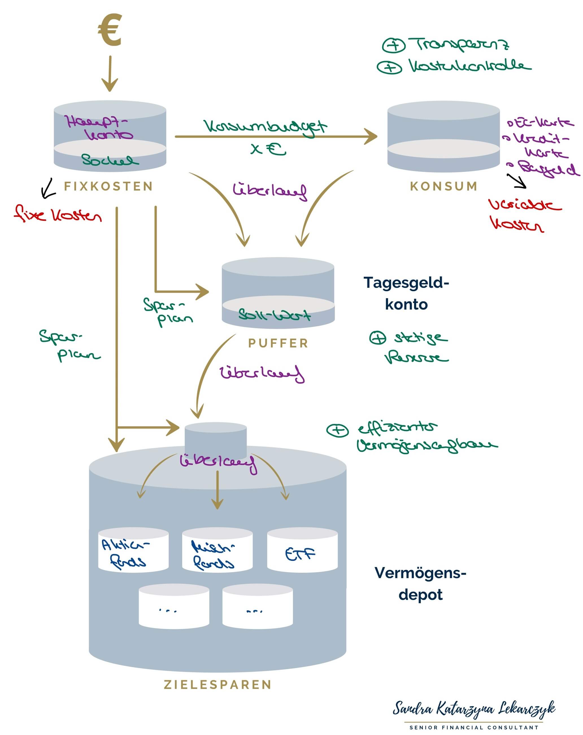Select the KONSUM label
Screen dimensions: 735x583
tap(444, 187)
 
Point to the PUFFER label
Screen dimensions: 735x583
tap(278, 343)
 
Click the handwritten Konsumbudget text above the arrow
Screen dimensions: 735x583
tap(265, 127)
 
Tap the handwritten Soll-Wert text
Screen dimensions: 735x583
tap(274, 315)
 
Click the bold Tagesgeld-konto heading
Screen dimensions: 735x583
tap(406, 293)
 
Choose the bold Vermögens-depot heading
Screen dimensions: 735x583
tap(420, 584)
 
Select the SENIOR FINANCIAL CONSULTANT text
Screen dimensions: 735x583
tap(474, 727)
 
